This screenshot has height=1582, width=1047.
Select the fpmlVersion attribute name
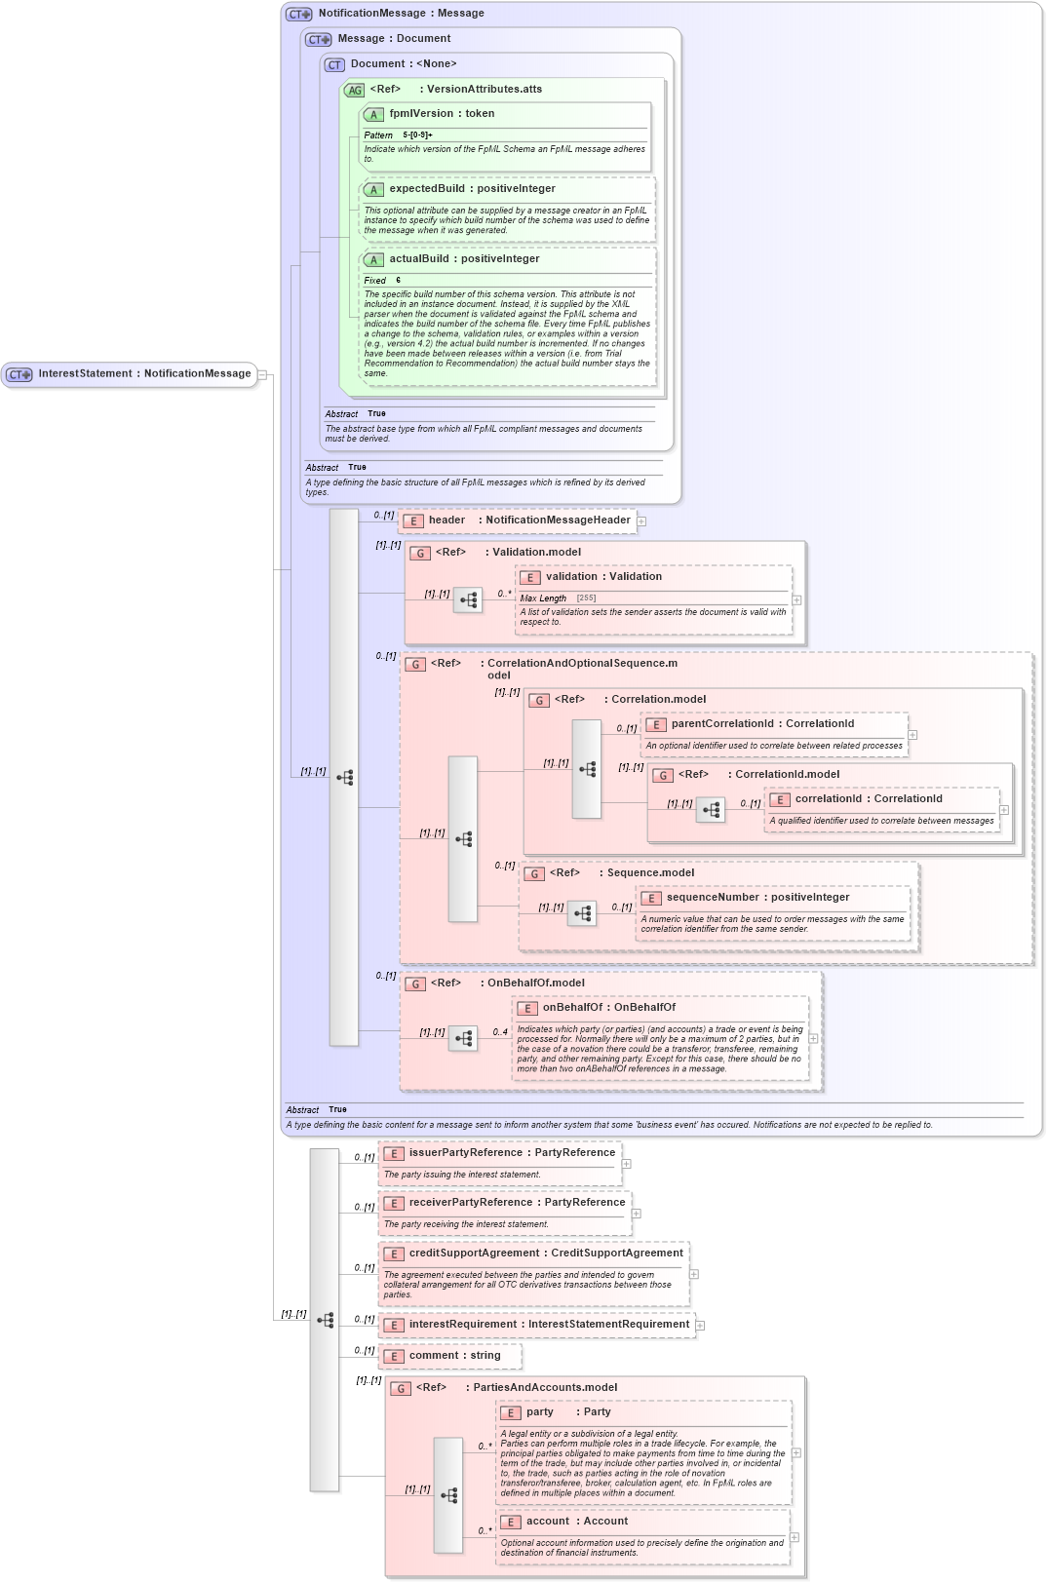click(441, 114)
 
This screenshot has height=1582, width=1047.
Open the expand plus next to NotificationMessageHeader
click(641, 521)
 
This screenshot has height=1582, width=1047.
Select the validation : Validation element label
click(602, 577)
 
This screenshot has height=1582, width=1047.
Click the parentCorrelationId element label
click(761, 724)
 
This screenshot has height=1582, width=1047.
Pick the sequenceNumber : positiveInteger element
click(757, 898)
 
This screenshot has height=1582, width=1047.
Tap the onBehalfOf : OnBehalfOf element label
click(608, 1008)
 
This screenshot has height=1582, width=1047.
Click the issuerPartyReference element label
click(511, 1153)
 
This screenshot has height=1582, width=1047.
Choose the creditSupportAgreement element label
click(545, 1254)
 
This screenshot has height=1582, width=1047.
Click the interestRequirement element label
click(548, 1325)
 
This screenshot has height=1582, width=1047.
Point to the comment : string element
click(454, 1356)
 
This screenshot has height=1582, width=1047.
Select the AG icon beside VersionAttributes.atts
click(355, 91)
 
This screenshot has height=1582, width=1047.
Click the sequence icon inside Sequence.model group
click(582, 913)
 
